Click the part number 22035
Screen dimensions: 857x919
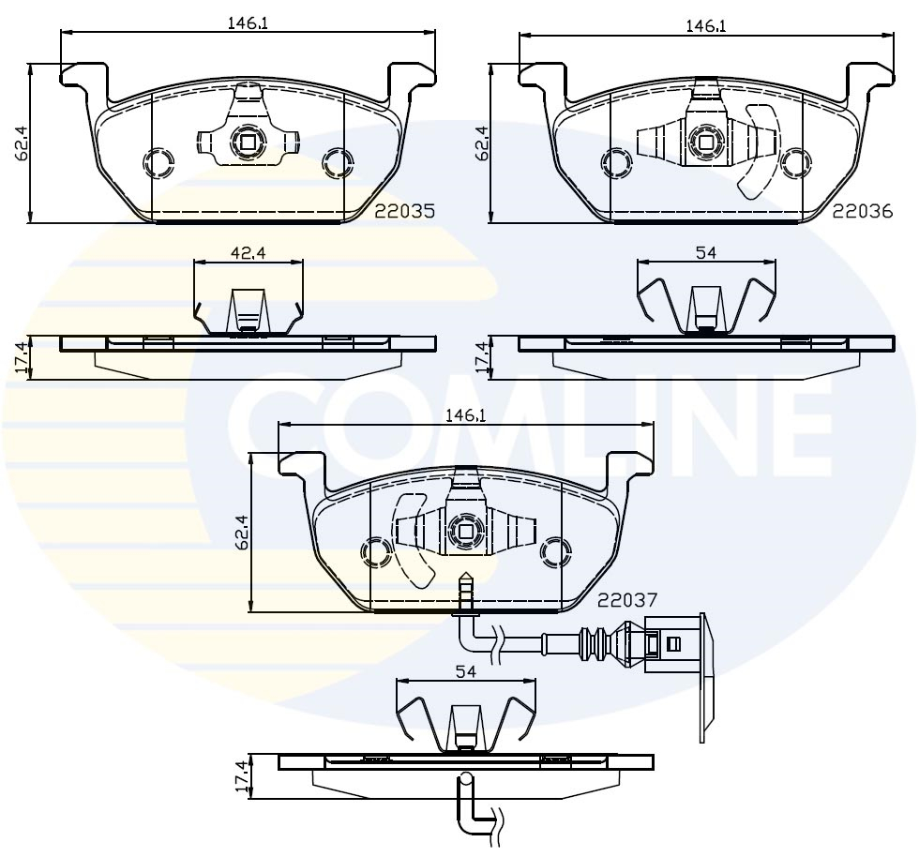point(405,212)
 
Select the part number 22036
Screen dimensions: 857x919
point(862,212)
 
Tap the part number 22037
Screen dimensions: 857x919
point(627,599)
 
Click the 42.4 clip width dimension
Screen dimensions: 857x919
point(248,251)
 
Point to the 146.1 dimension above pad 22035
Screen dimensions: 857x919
point(249,24)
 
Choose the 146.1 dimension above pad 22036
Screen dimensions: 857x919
point(706,26)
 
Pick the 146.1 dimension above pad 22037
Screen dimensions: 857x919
point(466,414)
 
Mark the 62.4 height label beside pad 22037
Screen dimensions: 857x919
point(242,532)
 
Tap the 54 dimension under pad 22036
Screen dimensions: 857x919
point(706,251)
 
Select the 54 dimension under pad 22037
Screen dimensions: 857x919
point(466,671)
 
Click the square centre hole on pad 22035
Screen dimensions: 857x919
point(249,143)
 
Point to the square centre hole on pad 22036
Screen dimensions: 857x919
point(705,143)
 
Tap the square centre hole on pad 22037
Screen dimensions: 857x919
point(466,531)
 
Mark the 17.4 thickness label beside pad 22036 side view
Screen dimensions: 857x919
point(481,358)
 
